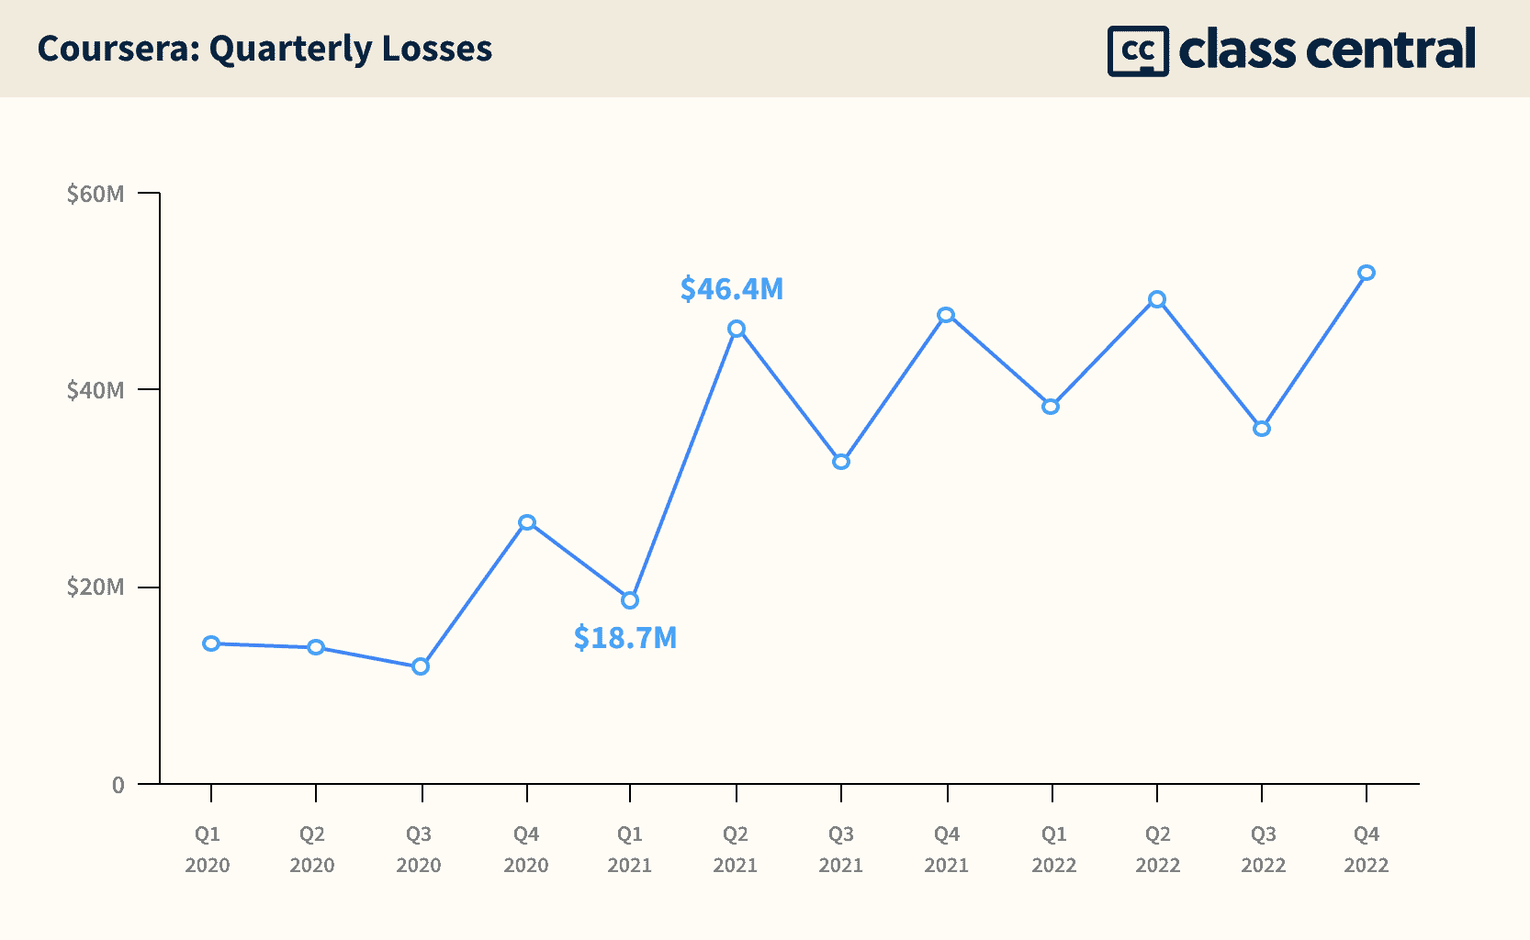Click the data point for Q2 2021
(x=737, y=329)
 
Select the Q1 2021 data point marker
(x=630, y=600)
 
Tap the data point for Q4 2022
(x=1367, y=273)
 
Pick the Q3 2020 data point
(x=421, y=666)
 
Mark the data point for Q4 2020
(x=527, y=522)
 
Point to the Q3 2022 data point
(x=1262, y=429)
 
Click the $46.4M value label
(x=732, y=289)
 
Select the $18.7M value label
(x=625, y=637)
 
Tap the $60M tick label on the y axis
(x=96, y=194)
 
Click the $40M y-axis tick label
(x=96, y=390)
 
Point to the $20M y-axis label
(x=96, y=587)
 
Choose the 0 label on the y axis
(x=118, y=785)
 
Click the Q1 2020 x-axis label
(x=208, y=849)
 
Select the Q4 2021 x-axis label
(x=947, y=849)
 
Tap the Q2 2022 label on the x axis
(x=1158, y=849)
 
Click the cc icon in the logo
(x=1138, y=50)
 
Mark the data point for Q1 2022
(x=1051, y=406)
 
